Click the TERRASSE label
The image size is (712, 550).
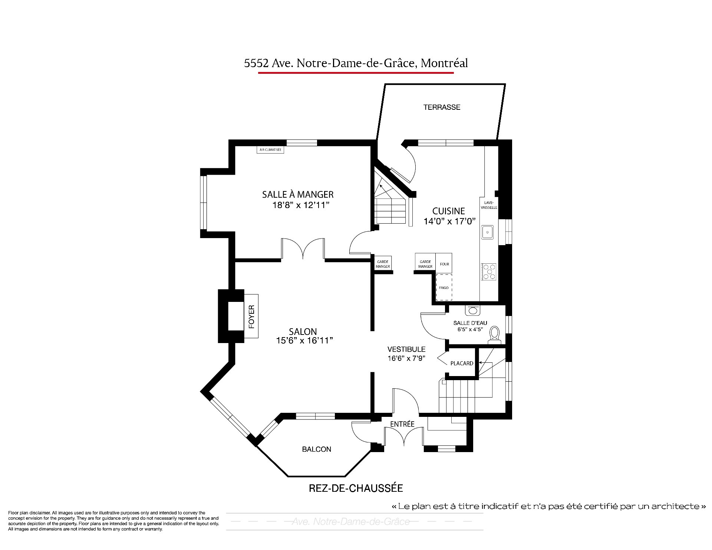coord(442,107)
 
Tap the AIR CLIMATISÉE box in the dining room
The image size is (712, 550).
coord(270,150)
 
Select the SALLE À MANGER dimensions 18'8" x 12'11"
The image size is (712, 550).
coord(301,205)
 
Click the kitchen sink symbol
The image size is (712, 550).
coord(487,232)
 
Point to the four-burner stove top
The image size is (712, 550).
coord(488,271)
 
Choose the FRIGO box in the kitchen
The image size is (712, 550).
coord(444,287)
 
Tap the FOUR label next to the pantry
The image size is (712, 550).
coord(445,264)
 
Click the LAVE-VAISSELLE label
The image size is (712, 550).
coord(489,205)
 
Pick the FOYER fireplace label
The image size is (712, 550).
coord(251,316)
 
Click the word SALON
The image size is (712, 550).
coord(303,332)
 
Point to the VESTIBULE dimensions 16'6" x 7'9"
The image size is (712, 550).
coord(406,358)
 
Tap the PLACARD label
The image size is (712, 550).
coord(462,363)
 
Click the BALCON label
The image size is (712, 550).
coord(316,449)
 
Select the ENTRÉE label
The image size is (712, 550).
coord(402,424)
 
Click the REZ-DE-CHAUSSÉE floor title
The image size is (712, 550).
coord(356,488)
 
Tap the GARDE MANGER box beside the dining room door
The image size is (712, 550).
coord(383,264)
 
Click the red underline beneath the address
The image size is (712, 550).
coord(356,73)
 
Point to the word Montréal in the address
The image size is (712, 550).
coord(445,63)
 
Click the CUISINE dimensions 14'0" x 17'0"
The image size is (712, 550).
coord(449,221)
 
